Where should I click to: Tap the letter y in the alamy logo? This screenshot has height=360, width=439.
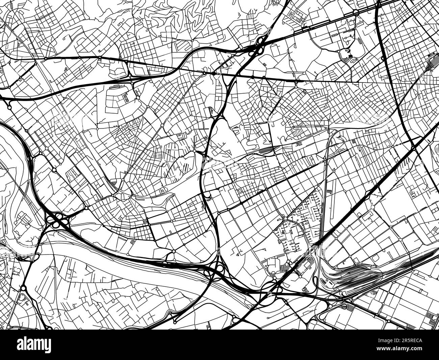coord(47,346)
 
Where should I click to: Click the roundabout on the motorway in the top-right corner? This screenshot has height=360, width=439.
coord(356,13)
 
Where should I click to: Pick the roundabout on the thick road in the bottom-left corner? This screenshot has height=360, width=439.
coord(23,288)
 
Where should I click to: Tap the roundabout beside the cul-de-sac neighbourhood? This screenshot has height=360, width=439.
coord(285,219)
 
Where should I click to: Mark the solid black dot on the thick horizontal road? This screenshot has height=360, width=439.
coord(214,73)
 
